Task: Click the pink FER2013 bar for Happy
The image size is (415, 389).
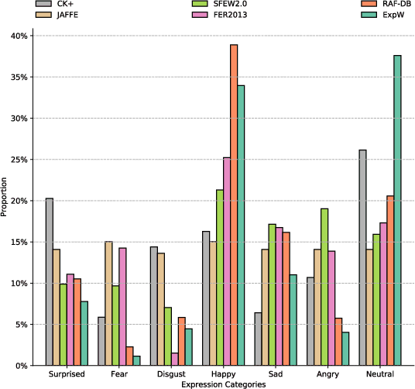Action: tap(225, 261)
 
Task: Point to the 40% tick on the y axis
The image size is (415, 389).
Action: tap(19, 36)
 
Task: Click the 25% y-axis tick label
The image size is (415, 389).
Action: tap(19, 160)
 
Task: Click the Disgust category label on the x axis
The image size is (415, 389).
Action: tap(170, 374)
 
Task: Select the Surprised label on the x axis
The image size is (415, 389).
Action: tap(67, 374)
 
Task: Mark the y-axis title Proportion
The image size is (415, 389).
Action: tap(5, 200)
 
